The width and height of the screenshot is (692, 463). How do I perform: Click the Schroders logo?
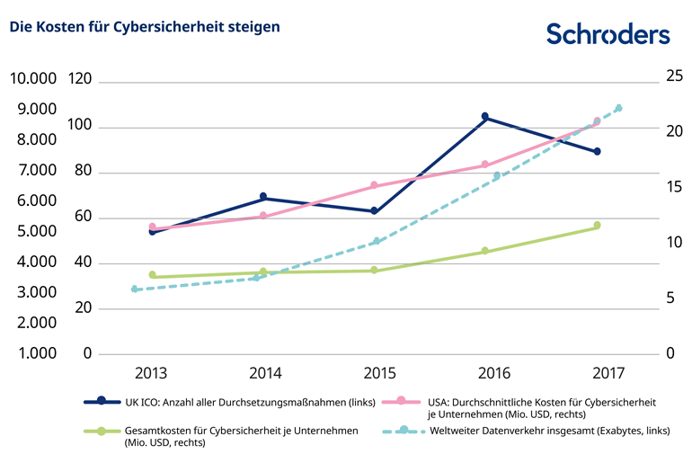pyautogui.click(x=608, y=34)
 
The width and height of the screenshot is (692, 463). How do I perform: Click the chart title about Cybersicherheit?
pyautogui.click(x=145, y=27)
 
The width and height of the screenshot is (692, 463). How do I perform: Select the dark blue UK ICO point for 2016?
pyautogui.click(x=485, y=117)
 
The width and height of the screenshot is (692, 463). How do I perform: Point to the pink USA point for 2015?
pyautogui.click(x=375, y=185)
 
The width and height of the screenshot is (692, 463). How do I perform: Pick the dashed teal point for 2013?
pyautogui.click(x=135, y=289)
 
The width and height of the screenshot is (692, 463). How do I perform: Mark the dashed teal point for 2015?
pyautogui.click(x=377, y=241)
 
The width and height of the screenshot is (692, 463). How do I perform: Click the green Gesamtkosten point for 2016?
pyautogui.click(x=485, y=251)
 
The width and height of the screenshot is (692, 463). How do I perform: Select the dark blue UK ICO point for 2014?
pyautogui.click(x=263, y=197)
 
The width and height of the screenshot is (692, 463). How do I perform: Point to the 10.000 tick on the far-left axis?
pyautogui.click(x=31, y=79)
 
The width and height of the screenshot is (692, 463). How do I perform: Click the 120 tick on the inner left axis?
pyautogui.click(x=80, y=79)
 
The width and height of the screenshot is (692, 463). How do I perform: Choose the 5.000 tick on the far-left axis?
pyautogui.click(x=31, y=231)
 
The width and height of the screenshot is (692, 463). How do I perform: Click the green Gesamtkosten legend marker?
pyautogui.click(x=102, y=431)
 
